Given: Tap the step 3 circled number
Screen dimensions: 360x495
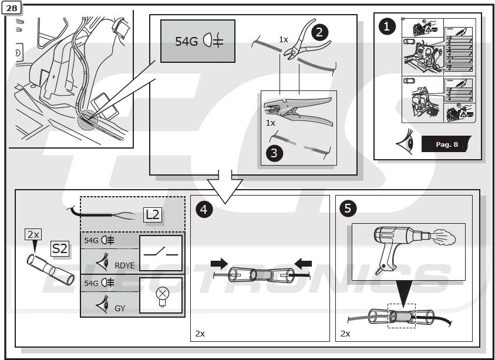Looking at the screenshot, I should (273, 153).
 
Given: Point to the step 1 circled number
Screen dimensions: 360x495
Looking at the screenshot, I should (387, 26).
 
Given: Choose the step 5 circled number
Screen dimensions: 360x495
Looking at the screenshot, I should (348, 209).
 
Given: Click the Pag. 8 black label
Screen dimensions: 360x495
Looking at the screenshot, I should (447, 144).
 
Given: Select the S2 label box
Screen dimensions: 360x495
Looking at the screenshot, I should (60, 248).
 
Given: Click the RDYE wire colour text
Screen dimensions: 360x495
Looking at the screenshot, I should (125, 265).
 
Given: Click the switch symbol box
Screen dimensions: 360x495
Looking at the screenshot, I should (160, 253).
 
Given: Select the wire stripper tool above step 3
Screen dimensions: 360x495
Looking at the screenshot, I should (297, 111).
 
